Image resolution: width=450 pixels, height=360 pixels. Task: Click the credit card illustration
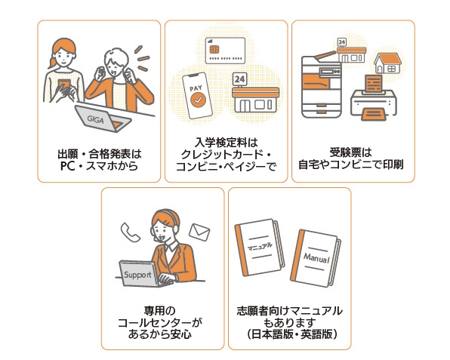[x=225, y=49]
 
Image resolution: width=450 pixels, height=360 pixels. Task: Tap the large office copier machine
[x=322, y=82]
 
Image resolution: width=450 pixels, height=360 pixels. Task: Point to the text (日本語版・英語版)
[x=289, y=333]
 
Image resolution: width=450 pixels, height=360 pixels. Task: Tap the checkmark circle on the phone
[x=196, y=98]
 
